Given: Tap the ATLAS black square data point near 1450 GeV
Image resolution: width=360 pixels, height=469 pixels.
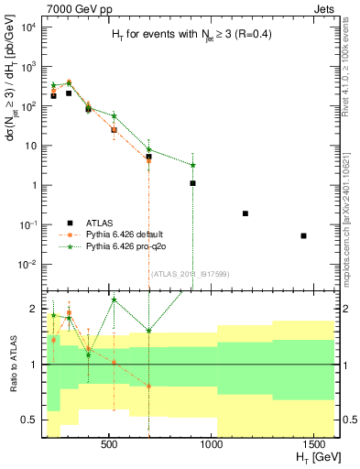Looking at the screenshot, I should click(303, 235).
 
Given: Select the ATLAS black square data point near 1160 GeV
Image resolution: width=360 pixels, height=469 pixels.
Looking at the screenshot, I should click(245, 213).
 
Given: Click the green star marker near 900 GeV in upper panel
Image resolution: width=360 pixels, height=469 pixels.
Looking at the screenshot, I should click(192, 165).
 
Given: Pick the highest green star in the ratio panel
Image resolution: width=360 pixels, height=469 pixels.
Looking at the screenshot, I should click(114, 300).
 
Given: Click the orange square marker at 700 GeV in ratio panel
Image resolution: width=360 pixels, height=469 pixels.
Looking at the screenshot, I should click(148, 387).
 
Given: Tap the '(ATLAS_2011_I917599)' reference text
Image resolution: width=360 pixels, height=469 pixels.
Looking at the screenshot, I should click(177, 273).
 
